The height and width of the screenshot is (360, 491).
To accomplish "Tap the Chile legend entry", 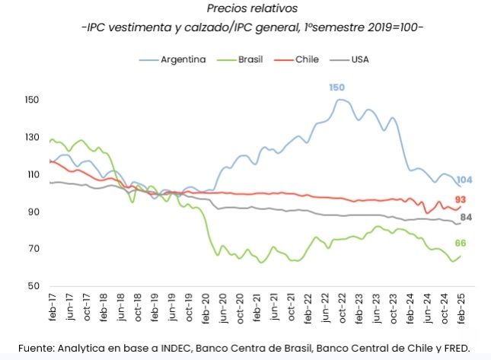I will point(307,59).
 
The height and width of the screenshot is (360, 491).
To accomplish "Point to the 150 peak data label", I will point(336,88).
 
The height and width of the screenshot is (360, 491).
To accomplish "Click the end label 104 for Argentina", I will point(465,180).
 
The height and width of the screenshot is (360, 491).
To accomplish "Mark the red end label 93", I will point(461,199).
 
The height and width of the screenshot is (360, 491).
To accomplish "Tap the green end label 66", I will point(461,243).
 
